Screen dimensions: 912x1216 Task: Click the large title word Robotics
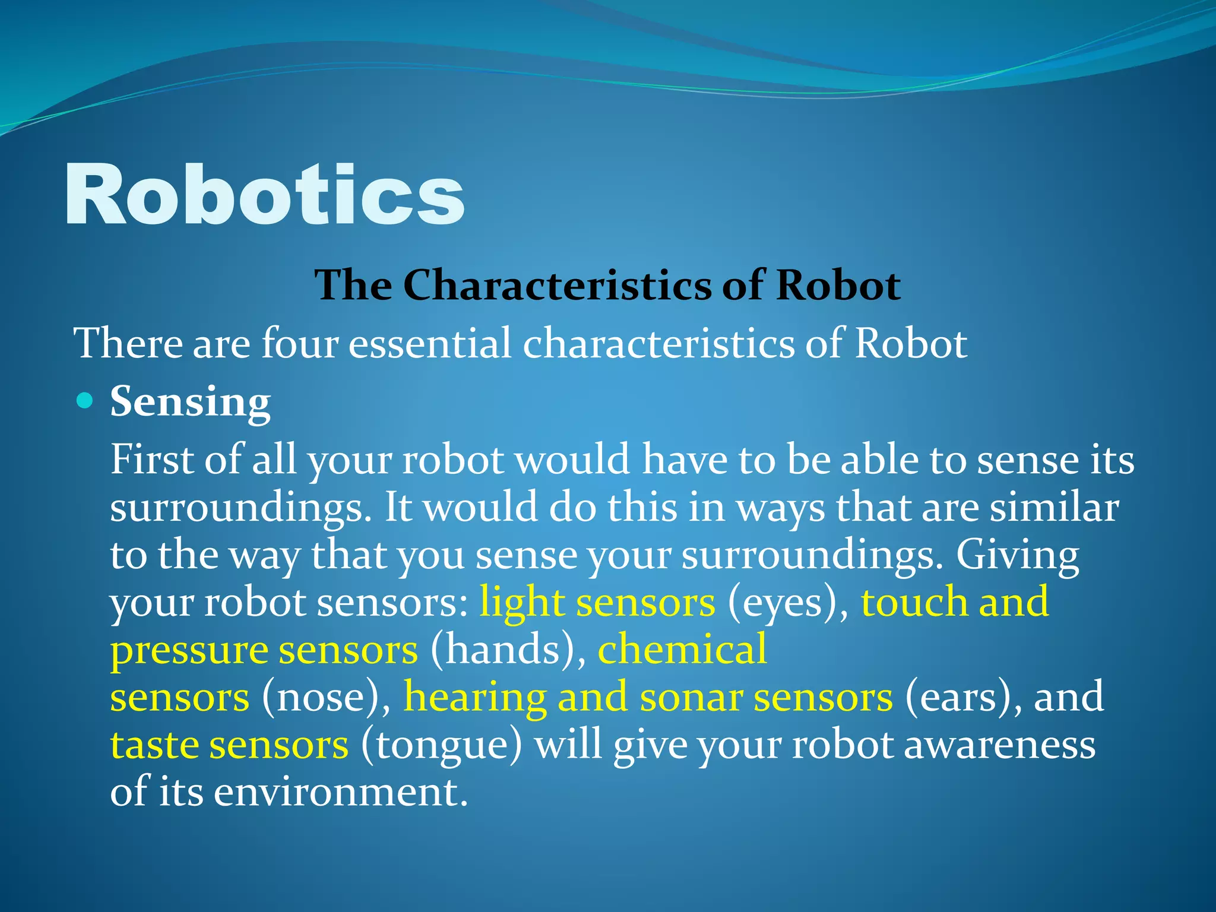point(264,195)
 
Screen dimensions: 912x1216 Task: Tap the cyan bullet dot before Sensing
point(85,401)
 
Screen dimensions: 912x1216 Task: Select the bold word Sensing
point(190,403)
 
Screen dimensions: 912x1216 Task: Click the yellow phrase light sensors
point(597,602)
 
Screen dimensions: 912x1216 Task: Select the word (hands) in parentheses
point(508,650)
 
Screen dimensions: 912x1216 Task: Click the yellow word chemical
point(682,648)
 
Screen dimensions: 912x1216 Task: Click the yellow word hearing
point(475,697)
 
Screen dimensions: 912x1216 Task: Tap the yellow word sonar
point(691,697)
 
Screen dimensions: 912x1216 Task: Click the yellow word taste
point(154,745)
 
